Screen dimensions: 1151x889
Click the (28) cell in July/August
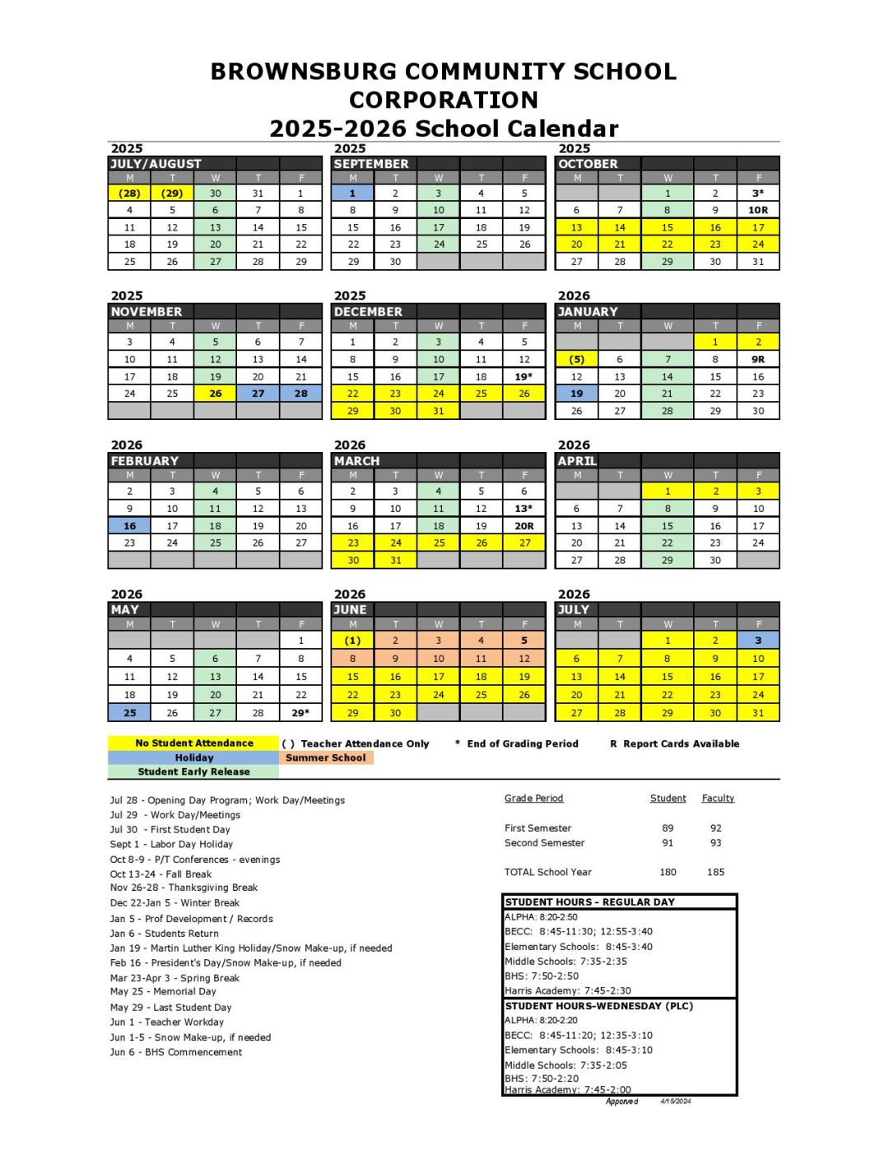129,193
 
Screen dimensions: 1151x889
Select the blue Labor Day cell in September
352,193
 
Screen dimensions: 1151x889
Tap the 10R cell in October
757,211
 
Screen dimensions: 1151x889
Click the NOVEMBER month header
147,312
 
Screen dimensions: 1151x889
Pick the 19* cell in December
524,377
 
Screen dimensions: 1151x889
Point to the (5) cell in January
576,360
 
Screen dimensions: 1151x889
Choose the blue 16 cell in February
129,526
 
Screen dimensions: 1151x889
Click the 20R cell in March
524,526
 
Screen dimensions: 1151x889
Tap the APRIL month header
577,461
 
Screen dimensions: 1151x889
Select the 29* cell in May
300,713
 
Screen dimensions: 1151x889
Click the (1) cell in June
352,641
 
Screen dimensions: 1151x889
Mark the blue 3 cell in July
757,641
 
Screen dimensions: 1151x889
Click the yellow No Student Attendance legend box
194,743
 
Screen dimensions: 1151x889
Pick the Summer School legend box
326,758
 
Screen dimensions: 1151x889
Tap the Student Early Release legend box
194,772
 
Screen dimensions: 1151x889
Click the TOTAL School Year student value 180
668,873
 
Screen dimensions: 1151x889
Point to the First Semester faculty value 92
715,829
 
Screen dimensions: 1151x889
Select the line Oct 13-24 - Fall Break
161,874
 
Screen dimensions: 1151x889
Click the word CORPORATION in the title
444,100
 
